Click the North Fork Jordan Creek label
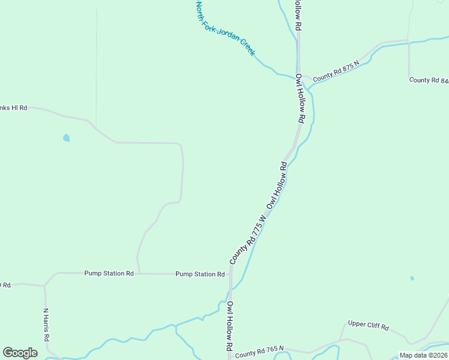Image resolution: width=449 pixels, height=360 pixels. coord(226,29)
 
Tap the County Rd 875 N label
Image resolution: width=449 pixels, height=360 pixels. coord(336,70)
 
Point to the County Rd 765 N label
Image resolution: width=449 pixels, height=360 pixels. coord(259,355)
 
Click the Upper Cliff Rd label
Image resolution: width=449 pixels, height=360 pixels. coord(369,326)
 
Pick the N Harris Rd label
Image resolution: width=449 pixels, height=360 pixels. coord(46,325)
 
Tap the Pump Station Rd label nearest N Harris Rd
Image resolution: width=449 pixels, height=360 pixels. coord(109,273)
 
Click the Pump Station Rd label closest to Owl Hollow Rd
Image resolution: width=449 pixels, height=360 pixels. coord(200,274)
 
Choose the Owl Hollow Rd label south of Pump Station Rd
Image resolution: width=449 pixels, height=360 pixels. coord(229,326)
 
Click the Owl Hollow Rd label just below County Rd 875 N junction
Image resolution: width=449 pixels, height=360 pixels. coord(301,98)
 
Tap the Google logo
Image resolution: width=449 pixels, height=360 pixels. coord(20,353)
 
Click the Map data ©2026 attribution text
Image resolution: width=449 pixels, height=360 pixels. coord(424,355)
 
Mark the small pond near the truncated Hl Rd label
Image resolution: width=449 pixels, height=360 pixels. coord(66,138)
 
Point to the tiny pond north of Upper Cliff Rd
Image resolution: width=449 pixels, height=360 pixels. coord(412,278)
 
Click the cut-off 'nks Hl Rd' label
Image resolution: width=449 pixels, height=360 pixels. coord(14,108)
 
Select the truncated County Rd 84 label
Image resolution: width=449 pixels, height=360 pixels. coord(429,80)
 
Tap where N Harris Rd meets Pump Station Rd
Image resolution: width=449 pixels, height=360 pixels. coord(45,286)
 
